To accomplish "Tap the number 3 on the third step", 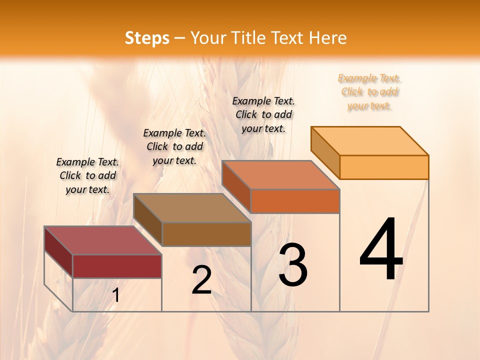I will point(293,265).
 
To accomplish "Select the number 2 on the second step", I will point(201,280).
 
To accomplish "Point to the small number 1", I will point(116,295).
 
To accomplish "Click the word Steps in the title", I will point(147,38).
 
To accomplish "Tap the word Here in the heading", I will point(328,38).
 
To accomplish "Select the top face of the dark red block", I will point(102,240).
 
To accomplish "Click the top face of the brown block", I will point(191,207).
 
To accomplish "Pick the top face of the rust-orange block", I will point(280,175).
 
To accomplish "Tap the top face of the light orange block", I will point(369,141).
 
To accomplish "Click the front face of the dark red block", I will point(117,266).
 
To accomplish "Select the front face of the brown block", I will point(206,234).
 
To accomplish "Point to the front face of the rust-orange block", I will point(295,201).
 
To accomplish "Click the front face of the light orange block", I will point(384,167).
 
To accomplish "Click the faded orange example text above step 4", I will point(369,92).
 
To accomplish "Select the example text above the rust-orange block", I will point(263,114).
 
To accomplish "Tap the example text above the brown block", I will point(174,146).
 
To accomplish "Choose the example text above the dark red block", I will point(87,175).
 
